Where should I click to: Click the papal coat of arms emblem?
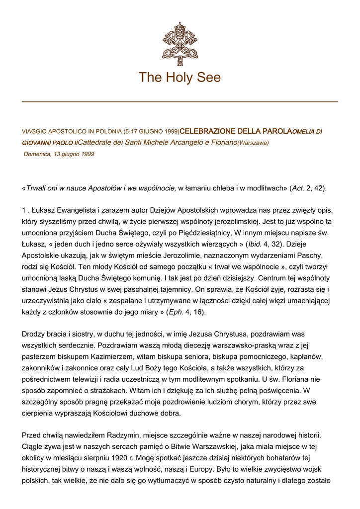click(x=180, y=43)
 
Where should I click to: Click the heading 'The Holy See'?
click(x=180, y=78)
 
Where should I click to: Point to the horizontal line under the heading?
click(x=180, y=102)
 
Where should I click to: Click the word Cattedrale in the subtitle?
click(x=95, y=143)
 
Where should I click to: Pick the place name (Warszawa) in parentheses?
click(x=253, y=143)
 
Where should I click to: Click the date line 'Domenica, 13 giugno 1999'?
click(x=59, y=154)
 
